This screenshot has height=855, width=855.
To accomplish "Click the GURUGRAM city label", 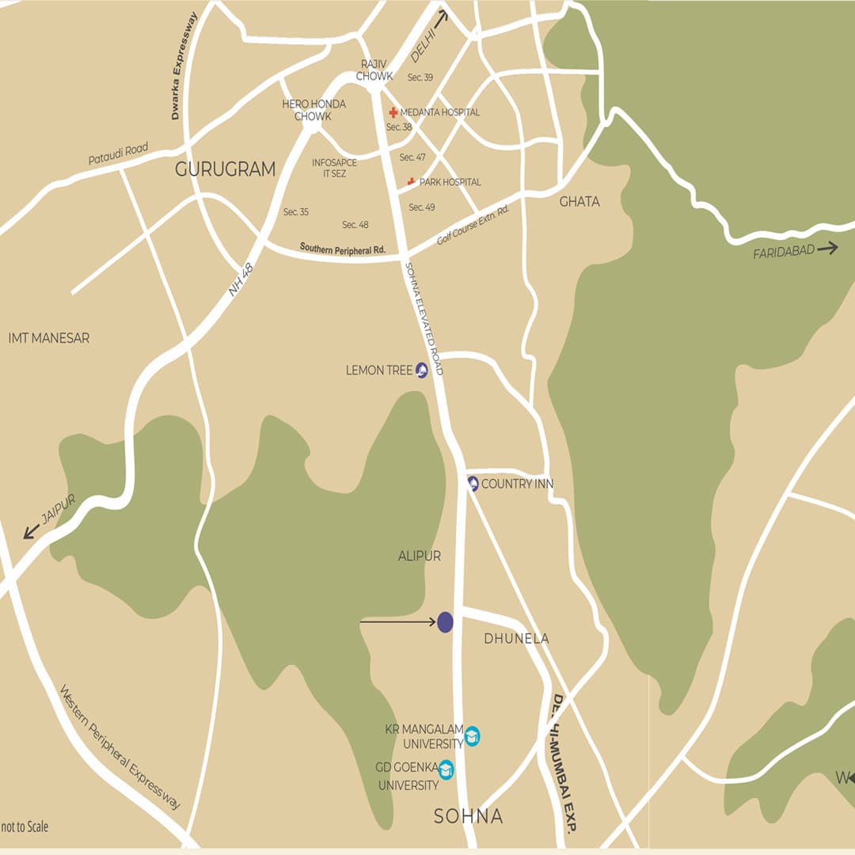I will [225, 169].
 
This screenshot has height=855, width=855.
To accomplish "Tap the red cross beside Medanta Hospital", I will [393, 112].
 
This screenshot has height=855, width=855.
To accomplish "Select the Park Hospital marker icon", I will [411, 182].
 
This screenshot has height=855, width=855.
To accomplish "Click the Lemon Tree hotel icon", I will [422, 370].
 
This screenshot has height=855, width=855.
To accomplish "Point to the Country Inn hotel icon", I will [473, 483].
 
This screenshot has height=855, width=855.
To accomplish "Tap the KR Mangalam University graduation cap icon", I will [472, 736].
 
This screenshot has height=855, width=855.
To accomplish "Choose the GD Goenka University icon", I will [446, 769].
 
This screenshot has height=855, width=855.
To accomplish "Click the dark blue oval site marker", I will [445, 622].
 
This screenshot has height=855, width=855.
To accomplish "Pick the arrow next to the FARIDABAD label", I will [827, 249].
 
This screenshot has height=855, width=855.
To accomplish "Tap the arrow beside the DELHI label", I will [439, 18].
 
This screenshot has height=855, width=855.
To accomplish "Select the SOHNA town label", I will [468, 816].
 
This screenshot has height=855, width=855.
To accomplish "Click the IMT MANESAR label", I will [48, 338].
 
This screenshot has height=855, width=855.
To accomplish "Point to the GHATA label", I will [579, 201].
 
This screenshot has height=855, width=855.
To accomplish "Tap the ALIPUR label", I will [419, 557].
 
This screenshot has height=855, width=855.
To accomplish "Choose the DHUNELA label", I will [516, 638].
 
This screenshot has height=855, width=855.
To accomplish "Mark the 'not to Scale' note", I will [25, 826].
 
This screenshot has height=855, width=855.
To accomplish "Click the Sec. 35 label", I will [296, 212].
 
